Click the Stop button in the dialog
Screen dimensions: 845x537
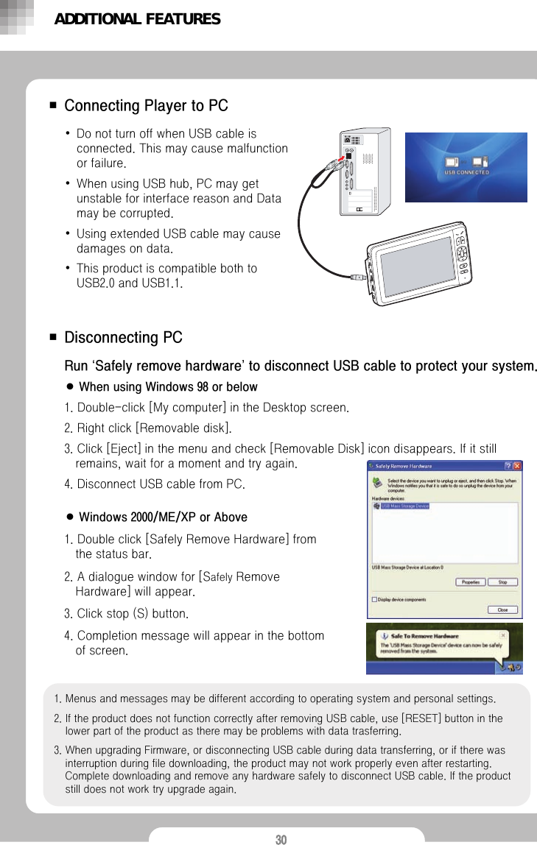point(502,581)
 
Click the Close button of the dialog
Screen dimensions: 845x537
point(502,609)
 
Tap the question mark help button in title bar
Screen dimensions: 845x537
point(507,466)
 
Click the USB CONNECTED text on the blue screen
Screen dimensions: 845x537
point(466,172)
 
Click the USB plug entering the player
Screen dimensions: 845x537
point(359,280)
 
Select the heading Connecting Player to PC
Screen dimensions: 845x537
point(146,106)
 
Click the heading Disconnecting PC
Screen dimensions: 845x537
point(123,338)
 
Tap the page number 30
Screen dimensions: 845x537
point(281,840)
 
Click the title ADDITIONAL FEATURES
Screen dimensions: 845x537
point(137,19)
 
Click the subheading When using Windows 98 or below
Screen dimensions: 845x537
point(168,387)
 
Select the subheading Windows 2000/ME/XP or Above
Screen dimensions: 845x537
point(163,517)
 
